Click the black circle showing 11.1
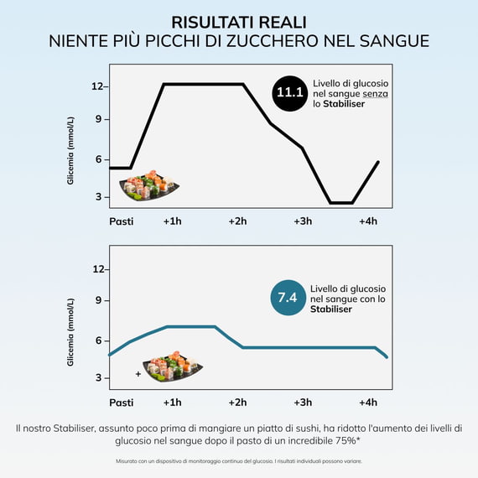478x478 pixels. (289, 93)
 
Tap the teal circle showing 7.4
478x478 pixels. (288, 298)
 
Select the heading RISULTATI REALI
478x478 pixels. (239, 23)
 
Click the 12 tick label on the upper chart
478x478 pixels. (97, 86)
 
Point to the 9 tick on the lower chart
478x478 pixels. (98, 300)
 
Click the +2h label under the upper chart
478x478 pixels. (238, 221)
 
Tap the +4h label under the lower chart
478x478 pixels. (368, 403)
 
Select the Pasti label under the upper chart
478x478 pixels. (122, 221)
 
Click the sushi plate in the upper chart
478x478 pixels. (148, 185)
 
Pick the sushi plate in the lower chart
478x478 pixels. (173, 366)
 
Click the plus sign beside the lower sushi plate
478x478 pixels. (138, 374)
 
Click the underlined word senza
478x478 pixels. (375, 94)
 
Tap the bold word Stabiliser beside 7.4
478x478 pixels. (331, 309)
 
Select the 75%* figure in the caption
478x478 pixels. (348, 441)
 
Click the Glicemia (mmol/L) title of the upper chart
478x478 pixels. (70, 151)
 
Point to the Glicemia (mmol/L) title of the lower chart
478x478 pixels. (70, 332)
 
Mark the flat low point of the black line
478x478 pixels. (341, 203)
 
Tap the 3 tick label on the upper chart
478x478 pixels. (98, 197)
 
